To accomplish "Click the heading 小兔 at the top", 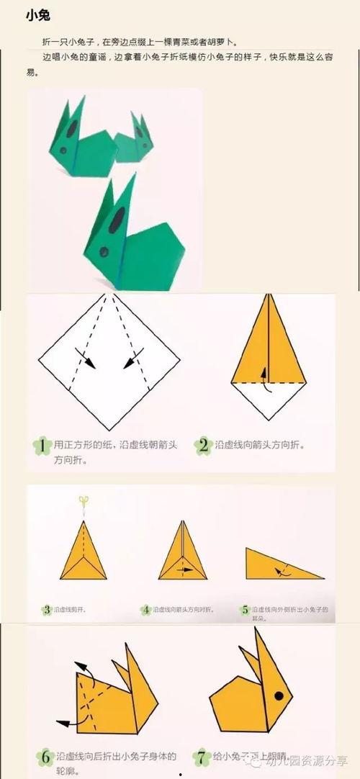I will (38, 15).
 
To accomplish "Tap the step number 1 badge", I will (42, 446).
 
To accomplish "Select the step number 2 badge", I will (204, 446).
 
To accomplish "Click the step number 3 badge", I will (47, 610).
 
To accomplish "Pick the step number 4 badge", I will (145, 610).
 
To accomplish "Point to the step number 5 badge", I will (245, 610).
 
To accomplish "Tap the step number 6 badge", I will (45, 757).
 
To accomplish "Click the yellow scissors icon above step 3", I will (84, 501).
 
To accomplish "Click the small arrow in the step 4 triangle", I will (185, 569).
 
